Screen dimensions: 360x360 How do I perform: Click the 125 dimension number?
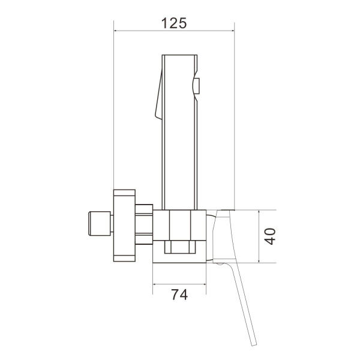[x=174, y=23]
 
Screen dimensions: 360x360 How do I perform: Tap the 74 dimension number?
[x=179, y=295]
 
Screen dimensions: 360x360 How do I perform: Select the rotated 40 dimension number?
[x=269, y=236]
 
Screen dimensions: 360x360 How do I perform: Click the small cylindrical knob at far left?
[x=100, y=224]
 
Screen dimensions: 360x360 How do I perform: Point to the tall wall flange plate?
[x=124, y=226]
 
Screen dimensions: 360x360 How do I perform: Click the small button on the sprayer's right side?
[x=197, y=86]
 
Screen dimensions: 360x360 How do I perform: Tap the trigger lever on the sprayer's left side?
[x=159, y=94]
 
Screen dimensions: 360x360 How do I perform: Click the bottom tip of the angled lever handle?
[x=254, y=345]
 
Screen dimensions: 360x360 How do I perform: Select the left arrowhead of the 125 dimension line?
[x=116, y=31]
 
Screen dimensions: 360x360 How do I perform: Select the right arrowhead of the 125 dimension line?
[x=232, y=31]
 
